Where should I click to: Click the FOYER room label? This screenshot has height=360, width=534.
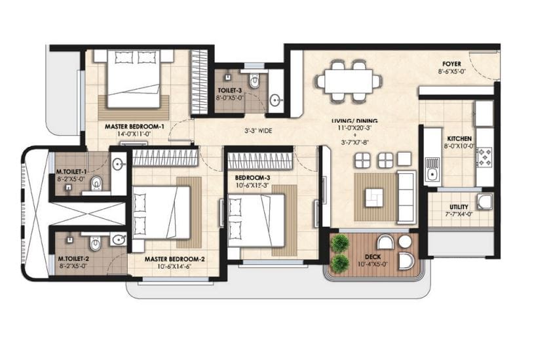point(451,64)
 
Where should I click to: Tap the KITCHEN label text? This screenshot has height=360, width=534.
point(459,139)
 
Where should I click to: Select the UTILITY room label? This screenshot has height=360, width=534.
point(459,207)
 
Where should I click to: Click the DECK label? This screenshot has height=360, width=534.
point(373,256)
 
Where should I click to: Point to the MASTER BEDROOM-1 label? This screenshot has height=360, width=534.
point(134,127)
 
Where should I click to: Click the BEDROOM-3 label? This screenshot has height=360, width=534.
point(253,178)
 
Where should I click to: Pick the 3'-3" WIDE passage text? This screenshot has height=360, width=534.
point(258,130)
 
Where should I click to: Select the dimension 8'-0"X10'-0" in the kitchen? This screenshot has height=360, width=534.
point(459,146)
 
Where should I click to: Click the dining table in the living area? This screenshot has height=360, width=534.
point(349,81)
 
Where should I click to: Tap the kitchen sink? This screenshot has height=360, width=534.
point(432,170)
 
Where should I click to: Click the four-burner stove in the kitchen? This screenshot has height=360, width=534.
point(485,157)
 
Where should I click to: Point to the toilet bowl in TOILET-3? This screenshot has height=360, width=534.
point(254,79)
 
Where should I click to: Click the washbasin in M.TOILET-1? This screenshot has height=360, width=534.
point(118,165)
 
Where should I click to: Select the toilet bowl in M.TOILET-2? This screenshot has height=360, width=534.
point(95,243)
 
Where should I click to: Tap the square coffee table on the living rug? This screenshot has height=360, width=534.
point(374,198)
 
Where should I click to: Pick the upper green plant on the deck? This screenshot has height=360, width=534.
point(339,243)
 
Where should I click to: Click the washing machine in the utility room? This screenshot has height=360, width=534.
point(484,201)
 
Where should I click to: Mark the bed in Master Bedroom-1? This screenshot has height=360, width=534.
point(134,79)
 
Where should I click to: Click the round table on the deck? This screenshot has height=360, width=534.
point(406,242)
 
